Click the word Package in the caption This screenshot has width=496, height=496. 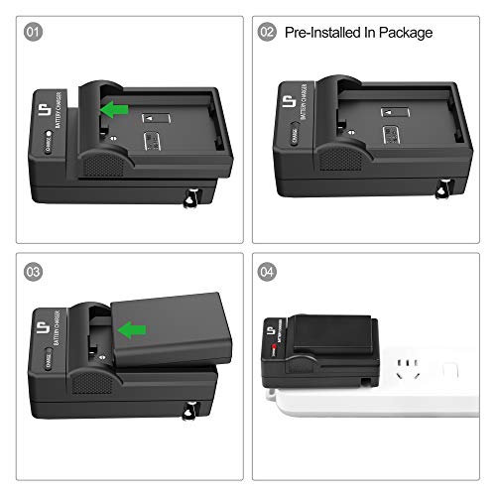click(x=405, y=33)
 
